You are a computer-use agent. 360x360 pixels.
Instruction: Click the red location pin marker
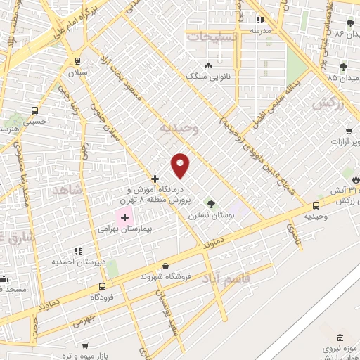tap(181, 165)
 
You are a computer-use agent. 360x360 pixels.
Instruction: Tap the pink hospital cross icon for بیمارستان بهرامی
tap(124, 218)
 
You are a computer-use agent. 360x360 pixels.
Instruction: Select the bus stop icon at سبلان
tap(76, 60)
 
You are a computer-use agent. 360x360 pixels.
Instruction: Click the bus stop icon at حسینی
tap(35, 110)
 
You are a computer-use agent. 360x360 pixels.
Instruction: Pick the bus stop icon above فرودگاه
tap(103, 286)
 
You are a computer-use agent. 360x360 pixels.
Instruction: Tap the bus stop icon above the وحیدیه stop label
tap(315, 206)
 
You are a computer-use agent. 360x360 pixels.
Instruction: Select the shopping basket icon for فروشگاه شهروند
tap(165, 266)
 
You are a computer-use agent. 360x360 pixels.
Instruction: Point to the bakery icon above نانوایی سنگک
tap(208, 65)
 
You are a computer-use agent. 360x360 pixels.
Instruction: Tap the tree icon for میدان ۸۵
tap(343, 67)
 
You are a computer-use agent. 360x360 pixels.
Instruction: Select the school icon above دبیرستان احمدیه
tap(77, 250)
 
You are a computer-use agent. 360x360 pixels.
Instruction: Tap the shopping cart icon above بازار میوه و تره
tap(84, 346)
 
